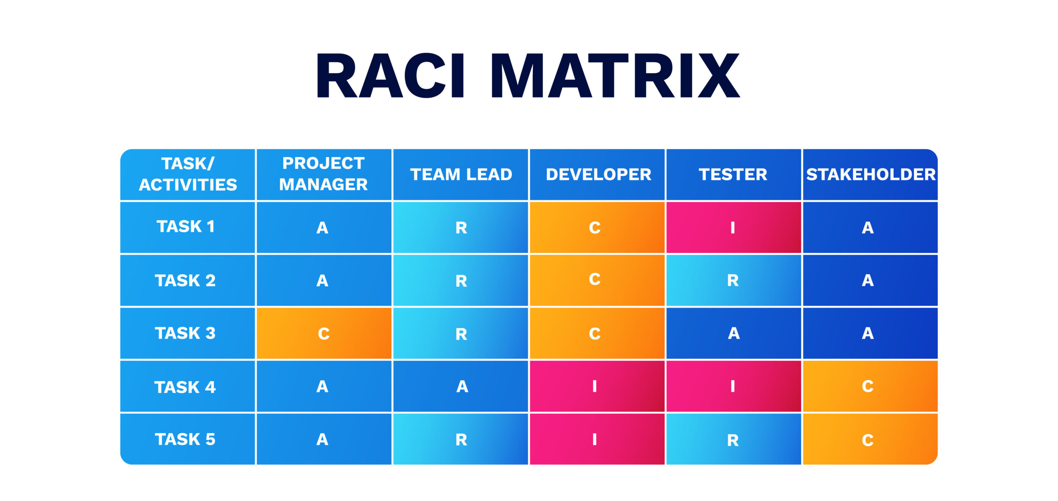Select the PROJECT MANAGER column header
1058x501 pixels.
coord(324,174)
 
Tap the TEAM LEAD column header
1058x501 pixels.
coord(461,174)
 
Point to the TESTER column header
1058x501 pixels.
coord(733,174)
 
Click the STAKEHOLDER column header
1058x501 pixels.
coord(871,174)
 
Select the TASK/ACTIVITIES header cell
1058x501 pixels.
coord(188,174)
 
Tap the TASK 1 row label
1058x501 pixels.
coord(186,227)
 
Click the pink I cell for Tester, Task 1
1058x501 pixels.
coord(733,228)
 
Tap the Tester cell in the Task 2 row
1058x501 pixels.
coord(733,281)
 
